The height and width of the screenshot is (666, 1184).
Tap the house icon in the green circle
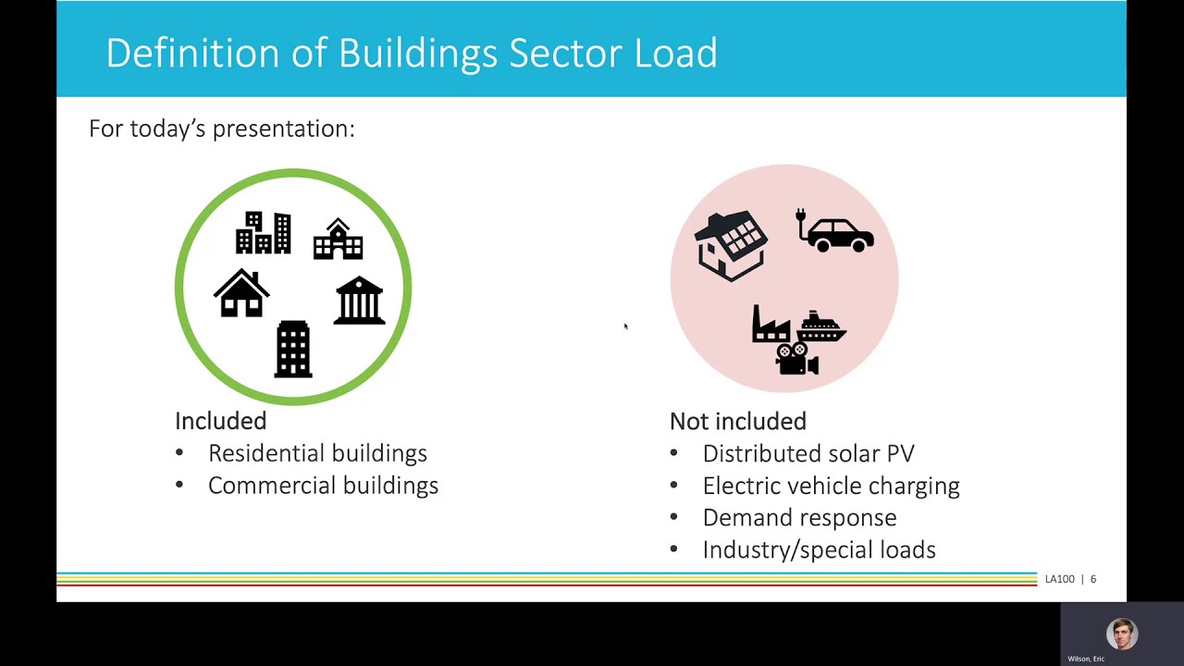click(x=241, y=294)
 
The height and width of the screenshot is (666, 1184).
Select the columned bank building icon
click(x=359, y=301)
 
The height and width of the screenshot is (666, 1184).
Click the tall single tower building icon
click(x=293, y=350)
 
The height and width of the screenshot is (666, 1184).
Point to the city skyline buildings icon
click(x=264, y=233)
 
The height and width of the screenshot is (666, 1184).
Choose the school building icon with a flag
click(x=338, y=239)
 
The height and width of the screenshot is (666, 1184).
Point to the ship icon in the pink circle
click(x=820, y=327)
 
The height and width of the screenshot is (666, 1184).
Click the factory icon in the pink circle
click(x=771, y=325)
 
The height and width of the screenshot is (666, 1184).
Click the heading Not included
click(x=737, y=422)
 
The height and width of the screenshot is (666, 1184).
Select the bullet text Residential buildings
click(x=317, y=453)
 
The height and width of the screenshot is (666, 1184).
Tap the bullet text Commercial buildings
click(x=323, y=486)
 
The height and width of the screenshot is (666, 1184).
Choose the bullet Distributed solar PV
click(x=808, y=453)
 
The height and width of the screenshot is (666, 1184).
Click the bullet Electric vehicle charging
click(x=831, y=486)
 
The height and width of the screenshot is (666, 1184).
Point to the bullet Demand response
click(x=799, y=517)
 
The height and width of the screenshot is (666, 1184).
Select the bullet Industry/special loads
click(x=819, y=549)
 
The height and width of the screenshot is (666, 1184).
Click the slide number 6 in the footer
click(x=1092, y=579)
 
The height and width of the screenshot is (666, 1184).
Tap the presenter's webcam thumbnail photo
click(x=1121, y=634)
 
